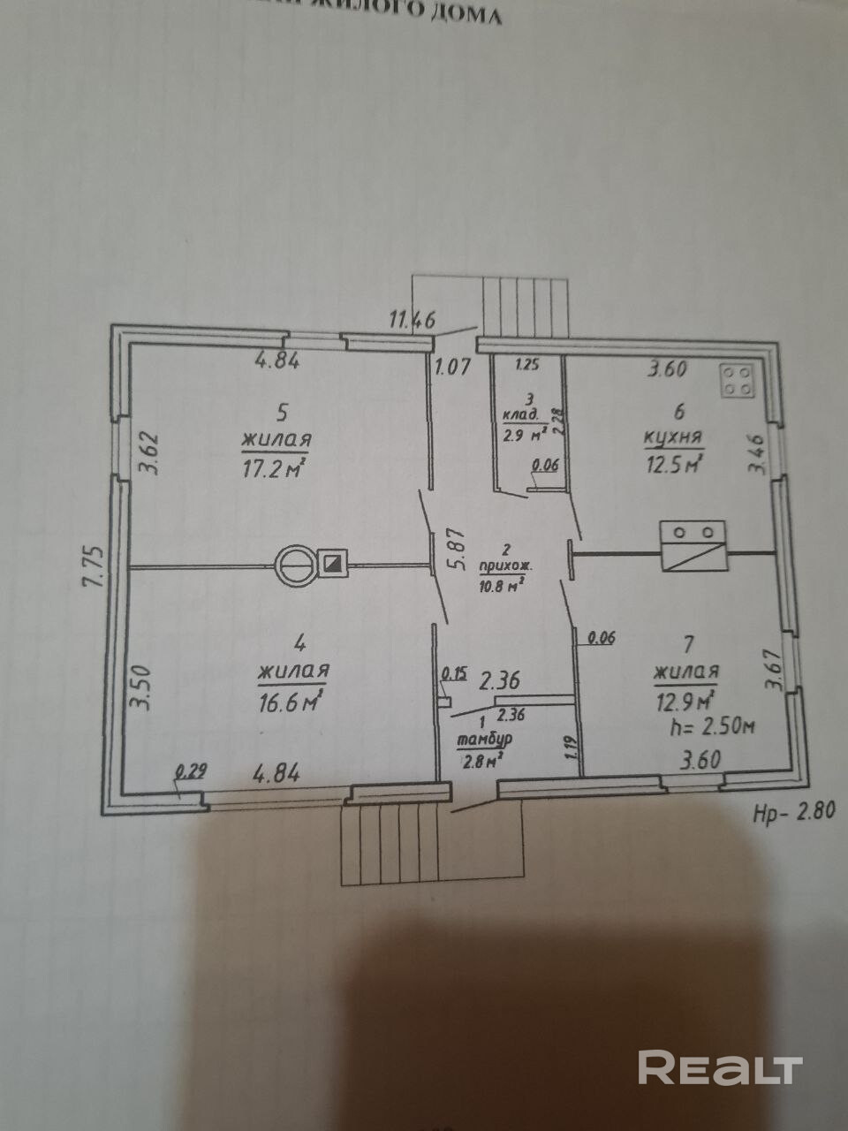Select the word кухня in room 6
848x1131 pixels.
coord(673,436)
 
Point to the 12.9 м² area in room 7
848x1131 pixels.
coord(684,700)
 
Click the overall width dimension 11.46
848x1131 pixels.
coord(413,319)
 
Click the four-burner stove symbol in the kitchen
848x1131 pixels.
coord(739,381)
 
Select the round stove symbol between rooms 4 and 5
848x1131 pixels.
coord(296,565)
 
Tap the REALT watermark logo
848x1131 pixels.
coord(720,1067)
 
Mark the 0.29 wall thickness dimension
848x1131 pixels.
coord(190,770)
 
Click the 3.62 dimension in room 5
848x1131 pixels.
coord(150,454)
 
